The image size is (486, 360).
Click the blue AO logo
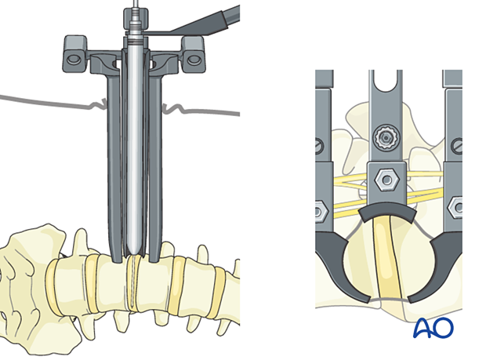coord(433,327)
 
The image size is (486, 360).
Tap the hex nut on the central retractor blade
coord(386,180)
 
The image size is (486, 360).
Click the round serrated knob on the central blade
coord(386,136)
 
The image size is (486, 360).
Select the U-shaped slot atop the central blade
coord(385,81)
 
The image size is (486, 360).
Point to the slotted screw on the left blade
coord(319,146)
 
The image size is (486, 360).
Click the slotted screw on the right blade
coord(457,146)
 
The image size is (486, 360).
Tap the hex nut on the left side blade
coord(319,212)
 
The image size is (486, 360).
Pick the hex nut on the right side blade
coord(455,208)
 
